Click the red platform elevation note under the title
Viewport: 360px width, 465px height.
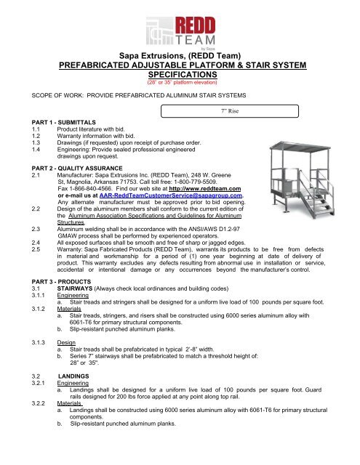[179, 83]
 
